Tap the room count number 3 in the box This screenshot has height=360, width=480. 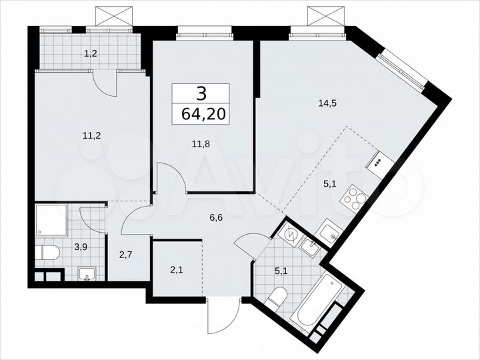[201, 93]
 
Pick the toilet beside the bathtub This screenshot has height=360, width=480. [276, 298]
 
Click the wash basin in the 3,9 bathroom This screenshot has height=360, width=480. [87, 273]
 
